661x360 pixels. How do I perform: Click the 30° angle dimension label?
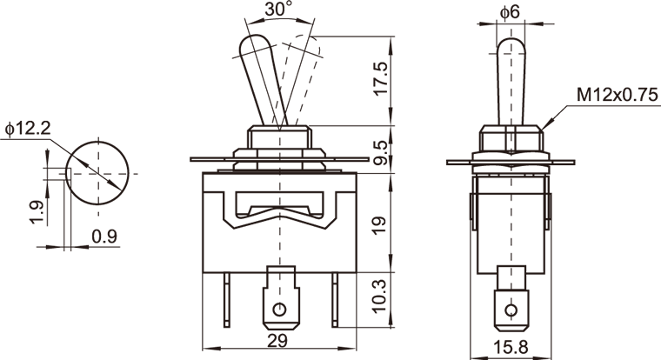[277, 9]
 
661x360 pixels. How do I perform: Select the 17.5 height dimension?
[380, 79]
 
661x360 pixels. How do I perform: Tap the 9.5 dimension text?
[380, 152]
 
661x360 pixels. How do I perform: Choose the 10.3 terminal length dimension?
[380, 296]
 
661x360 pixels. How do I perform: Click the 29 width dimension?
[277, 340]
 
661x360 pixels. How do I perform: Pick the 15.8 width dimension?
[511, 347]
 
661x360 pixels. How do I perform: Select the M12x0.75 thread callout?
[618, 96]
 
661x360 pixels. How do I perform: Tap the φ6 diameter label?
[510, 12]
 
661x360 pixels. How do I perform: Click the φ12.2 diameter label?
[28, 129]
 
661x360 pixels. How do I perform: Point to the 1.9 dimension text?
[37, 212]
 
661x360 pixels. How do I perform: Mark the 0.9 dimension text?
[104, 237]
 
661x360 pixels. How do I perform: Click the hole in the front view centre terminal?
[279, 310]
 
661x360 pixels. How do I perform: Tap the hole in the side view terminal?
[511, 310]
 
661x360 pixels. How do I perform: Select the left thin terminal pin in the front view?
[227, 300]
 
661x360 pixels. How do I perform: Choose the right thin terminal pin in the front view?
[335, 300]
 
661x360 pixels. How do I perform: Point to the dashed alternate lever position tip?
[307, 42]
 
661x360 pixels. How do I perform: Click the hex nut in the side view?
[511, 138]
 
